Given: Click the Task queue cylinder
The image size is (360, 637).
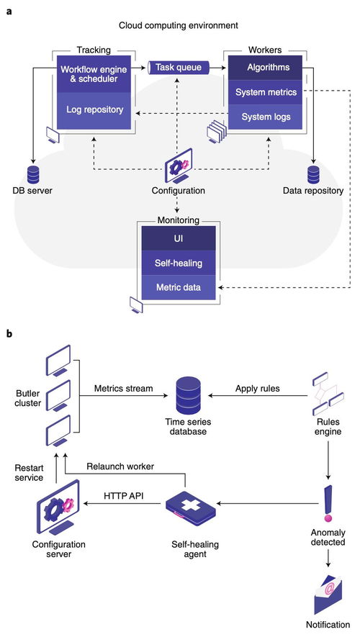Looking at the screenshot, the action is click(x=179, y=68).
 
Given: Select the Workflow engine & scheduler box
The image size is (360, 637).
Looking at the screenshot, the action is click(x=94, y=73).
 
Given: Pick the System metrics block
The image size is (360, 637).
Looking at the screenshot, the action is click(x=266, y=92).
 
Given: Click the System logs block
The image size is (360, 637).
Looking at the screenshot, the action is click(x=266, y=117).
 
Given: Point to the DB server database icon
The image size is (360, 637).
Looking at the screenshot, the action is click(x=33, y=174).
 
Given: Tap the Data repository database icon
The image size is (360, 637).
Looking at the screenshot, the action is click(x=313, y=174).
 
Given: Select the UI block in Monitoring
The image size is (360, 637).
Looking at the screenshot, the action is click(x=179, y=238).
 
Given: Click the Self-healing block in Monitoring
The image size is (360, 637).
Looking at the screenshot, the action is click(x=179, y=263).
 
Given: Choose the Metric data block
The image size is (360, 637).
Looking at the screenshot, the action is click(x=179, y=288).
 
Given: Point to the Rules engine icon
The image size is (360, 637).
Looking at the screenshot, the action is click(x=328, y=393).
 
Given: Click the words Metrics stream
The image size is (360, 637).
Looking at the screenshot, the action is click(x=124, y=388).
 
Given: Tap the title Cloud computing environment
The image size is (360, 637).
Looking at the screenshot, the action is click(x=179, y=26).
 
